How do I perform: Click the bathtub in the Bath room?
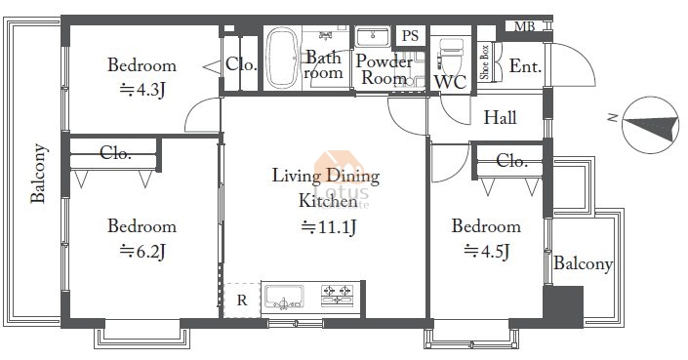pyautogui.click(x=283, y=58)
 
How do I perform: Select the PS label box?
pyautogui.click(x=411, y=35)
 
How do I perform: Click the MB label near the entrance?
pyautogui.click(x=525, y=26)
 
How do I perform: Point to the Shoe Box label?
pyautogui.click(x=485, y=62)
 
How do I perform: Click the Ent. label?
pyautogui.click(x=525, y=66)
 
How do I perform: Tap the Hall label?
pyautogui.click(x=500, y=117)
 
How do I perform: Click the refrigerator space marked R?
pyautogui.click(x=242, y=300)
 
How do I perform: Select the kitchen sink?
pyautogui.click(x=284, y=297)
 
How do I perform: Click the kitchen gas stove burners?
pyautogui.click(x=337, y=295)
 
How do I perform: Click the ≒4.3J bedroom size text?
pyautogui.click(x=142, y=91)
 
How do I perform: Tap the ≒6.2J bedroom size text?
pyautogui.click(x=142, y=252)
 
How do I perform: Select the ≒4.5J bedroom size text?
pyautogui.click(x=487, y=252)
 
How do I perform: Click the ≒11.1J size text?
pyautogui.click(x=329, y=227)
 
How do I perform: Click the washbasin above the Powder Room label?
pyautogui.click(x=373, y=36)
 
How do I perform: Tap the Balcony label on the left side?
pyautogui.click(x=38, y=174)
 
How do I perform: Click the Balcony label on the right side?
pyautogui.click(x=583, y=263)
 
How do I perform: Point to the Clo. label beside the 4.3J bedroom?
pyautogui.click(x=241, y=65)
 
